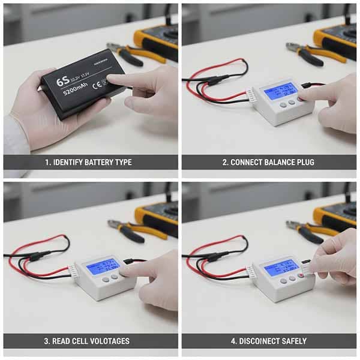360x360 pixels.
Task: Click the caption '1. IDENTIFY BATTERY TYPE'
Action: coord(88,162)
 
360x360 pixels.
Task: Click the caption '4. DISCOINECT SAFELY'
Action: coord(268,341)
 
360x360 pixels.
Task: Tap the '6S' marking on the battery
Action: coord(62,81)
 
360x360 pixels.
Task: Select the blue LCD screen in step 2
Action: coord(280,91)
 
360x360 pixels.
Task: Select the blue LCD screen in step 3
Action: coord(103,266)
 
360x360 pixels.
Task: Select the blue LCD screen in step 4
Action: coord(281,267)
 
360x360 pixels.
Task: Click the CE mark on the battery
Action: coord(96,86)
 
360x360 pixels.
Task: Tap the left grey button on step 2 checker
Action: coord(283,104)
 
